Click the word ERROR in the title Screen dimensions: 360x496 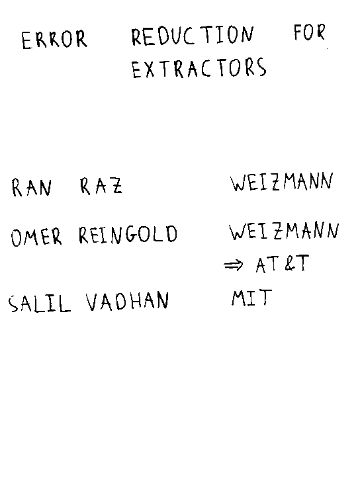point(54,40)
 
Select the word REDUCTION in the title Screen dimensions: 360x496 point(193,36)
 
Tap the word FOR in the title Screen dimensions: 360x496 point(309,32)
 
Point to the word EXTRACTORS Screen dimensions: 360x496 point(199,67)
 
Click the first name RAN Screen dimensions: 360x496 point(31,187)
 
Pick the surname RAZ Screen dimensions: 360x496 point(101,186)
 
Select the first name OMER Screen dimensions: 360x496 point(36,237)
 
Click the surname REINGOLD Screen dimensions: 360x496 point(128,234)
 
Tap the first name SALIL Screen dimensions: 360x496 point(39,304)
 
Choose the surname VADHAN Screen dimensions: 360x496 point(127,301)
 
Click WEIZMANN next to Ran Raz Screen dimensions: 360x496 point(282,182)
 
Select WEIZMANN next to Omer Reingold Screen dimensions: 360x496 point(284,231)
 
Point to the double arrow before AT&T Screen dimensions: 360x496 point(234,265)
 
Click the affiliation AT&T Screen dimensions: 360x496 point(282,264)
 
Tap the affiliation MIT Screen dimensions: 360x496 point(251,298)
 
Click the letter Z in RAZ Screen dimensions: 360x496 point(116,186)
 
